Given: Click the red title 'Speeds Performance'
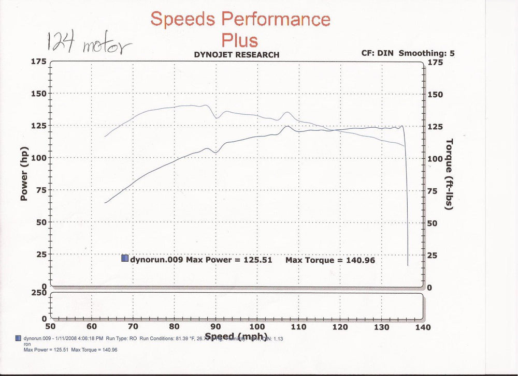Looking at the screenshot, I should pyautogui.click(x=240, y=19).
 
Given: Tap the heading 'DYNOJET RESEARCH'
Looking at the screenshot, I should pyautogui.click(x=236, y=54).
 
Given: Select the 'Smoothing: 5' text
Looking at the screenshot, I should pyautogui.click(x=423, y=53).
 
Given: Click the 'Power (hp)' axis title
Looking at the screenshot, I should pyautogui.click(x=24, y=173).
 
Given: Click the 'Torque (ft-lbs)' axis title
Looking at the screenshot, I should pyautogui.click(x=449, y=174).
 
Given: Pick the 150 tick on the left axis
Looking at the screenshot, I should pyautogui.click(x=39, y=94).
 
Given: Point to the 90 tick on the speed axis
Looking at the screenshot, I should pyautogui.click(x=216, y=326).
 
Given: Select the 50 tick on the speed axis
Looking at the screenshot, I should pyautogui.click(x=50, y=326).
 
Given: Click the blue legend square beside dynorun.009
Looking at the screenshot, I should pyautogui.click(x=124, y=259).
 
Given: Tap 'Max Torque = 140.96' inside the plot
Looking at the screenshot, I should pyautogui.click(x=330, y=260).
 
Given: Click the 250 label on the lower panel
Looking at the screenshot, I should pyautogui.click(x=39, y=293).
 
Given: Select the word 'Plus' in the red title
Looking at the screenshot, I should pyautogui.click(x=239, y=39).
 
